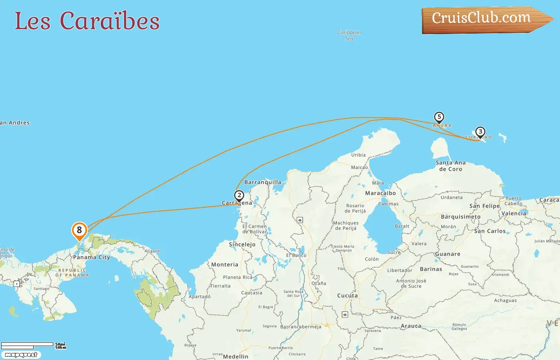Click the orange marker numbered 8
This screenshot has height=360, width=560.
click(79, 230)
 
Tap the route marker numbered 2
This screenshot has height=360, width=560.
click(239, 196)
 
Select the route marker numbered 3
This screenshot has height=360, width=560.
click(480, 132)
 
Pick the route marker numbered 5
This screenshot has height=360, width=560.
click(439, 117)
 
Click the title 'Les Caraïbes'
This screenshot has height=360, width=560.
click(87, 21)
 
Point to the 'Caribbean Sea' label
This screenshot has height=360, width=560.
click(349, 36)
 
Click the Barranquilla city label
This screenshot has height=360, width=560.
click(263, 182)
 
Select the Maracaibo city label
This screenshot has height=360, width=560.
click(380, 193)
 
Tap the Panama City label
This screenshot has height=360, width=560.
click(91, 257)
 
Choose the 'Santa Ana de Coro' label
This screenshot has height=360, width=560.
click(451, 166)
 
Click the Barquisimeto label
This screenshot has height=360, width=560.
click(461, 217)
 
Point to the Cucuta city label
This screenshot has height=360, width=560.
click(347, 296)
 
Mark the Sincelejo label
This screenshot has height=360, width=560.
click(242, 244)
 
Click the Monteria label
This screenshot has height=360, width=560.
click(224, 265)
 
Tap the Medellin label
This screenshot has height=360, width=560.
click(236, 356)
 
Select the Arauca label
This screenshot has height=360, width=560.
click(411, 326)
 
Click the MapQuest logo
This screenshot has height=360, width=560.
click(21, 355)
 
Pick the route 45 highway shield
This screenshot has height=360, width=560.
click(300, 220)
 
